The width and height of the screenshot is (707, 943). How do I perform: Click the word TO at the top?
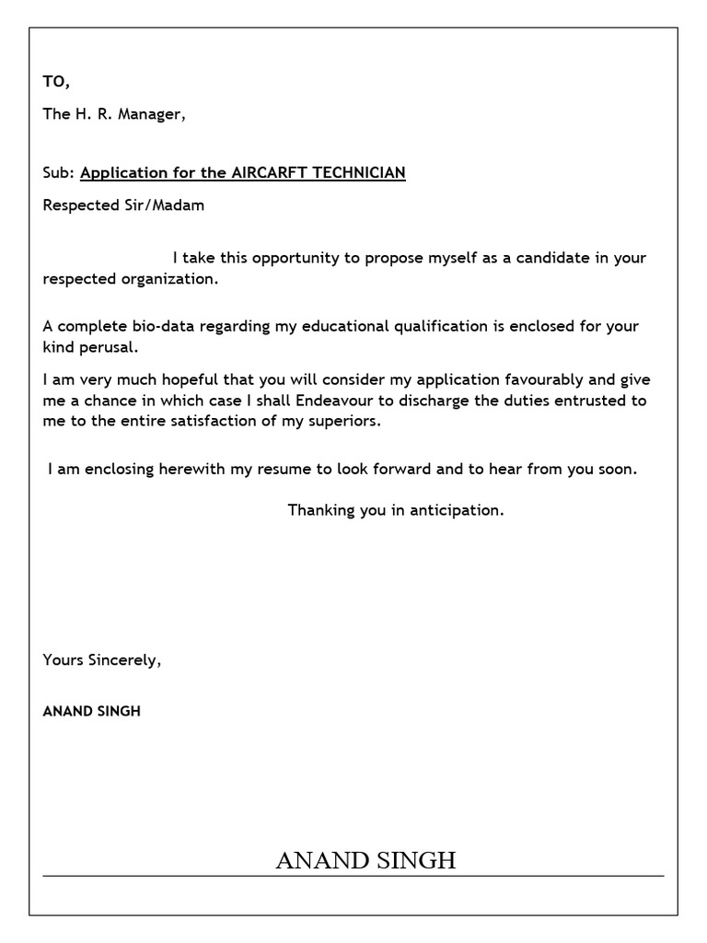click(54, 82)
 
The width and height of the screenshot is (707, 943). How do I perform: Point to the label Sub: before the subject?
click(59, 172)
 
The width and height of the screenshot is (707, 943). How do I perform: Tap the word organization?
click(172, 278)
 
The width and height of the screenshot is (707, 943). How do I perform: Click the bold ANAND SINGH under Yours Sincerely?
click(92, 712)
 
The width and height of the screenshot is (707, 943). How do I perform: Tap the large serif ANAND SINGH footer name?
click(365, 861)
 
